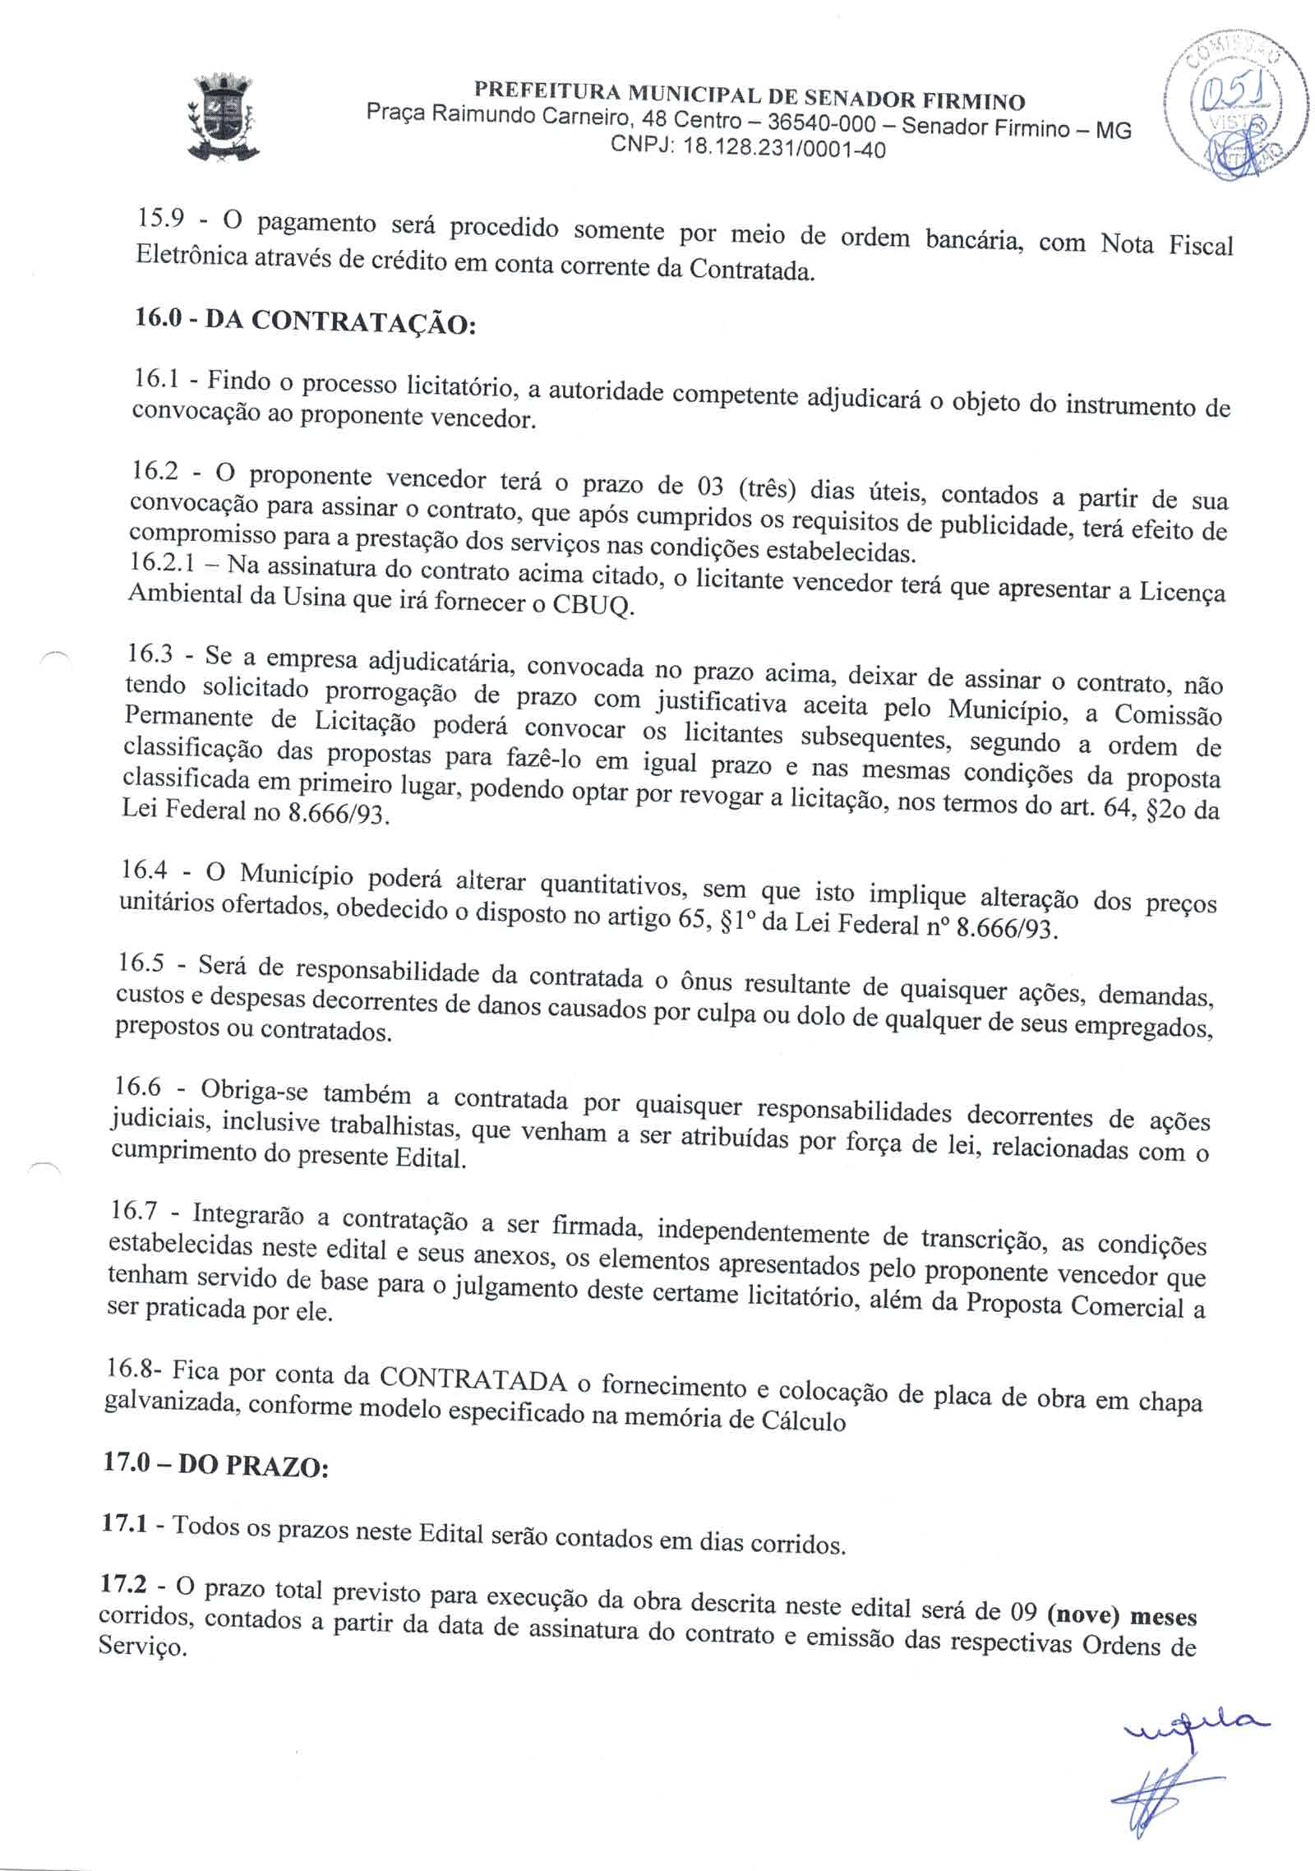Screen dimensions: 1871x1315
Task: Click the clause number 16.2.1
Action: coord(164,566)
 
